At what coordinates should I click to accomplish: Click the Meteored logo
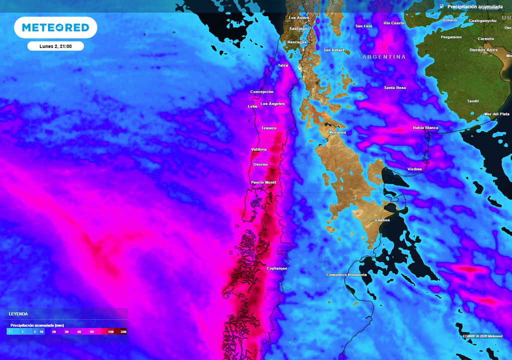pyautogui.click(x=55, y=27)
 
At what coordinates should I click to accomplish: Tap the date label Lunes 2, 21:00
pyautogui.click(x=55, y=46)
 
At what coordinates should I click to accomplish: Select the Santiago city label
pyautogui.click(x=298, y=28)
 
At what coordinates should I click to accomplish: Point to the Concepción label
pyautogui.click(x=262, y=92)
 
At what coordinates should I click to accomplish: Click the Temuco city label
pyautogui.click(x=269, y=128)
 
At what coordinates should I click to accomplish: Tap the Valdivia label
pyautogui.click(x=259, y=149)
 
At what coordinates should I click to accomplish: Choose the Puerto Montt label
pyautogui.click(x=263, y=182)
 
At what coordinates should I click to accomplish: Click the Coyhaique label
pyautogui.click(x=276, y=268)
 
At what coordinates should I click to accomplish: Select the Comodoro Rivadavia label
pyautogui.click(x=346, y=275)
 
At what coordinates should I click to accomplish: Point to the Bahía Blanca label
pyautogui.click(x=425, y=128)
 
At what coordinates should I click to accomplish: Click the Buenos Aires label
pyautogui.click(x=483, y=50)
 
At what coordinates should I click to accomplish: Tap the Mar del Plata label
pyautogui.click(x=497, y=114)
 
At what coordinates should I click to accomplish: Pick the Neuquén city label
pyautogui.click(x=337, y=132)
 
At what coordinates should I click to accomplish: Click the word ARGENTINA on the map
pyautogui.click(x=384, y=57)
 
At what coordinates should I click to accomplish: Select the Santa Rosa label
pyautogui.click(x=395, y=88)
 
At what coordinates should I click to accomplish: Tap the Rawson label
pyautogui.click(x=382, y=220)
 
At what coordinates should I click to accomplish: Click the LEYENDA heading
pyautogui.click(x=18, y=314)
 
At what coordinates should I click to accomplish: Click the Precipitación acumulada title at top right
pyautogui.click(x=475, y=6)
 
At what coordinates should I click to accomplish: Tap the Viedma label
pyautogui.click(x=414, y=169)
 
